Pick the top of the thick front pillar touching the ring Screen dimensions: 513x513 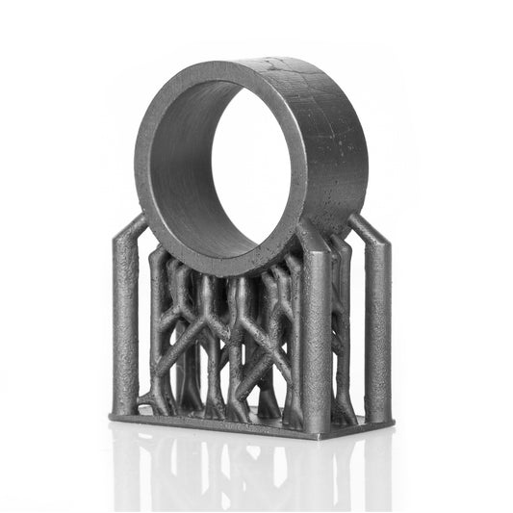click(x=310, y=241)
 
